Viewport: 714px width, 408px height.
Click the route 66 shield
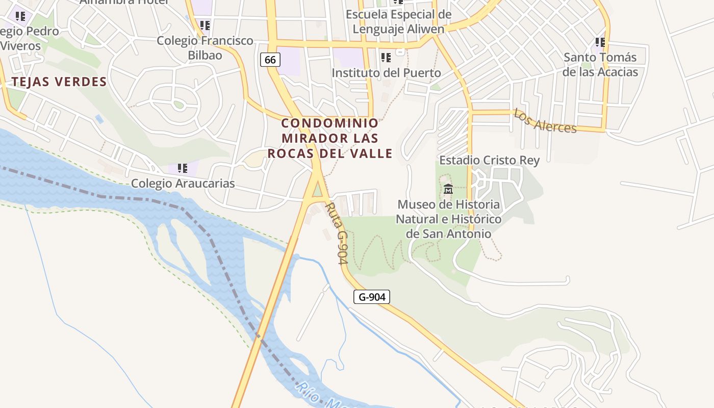click(270, 60)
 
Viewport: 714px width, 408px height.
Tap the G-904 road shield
click(371, 297)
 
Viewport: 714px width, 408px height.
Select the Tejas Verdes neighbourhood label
click(59, 82)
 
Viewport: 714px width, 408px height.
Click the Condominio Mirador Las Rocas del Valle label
click(330, 138)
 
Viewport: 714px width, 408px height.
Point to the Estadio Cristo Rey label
click(489, 160)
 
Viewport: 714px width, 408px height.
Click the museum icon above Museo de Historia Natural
click(448, 189)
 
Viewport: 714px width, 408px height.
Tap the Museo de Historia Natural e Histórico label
click(449, 219)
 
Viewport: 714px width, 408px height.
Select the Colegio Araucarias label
click(183, 183)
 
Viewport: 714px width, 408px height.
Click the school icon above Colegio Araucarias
click(182, 168)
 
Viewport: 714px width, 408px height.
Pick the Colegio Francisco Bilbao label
click(205, 47)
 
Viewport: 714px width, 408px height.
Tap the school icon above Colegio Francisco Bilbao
click(205, 25)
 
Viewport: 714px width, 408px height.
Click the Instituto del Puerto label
click(386, 73)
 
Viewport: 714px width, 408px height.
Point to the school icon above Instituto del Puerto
click(386, 57)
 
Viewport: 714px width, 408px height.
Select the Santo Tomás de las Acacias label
click(600, 65)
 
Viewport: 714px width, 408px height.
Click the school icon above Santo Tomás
click(600, 42)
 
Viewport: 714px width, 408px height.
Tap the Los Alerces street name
click(545, 121)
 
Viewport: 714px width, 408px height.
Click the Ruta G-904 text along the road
click(336, 233)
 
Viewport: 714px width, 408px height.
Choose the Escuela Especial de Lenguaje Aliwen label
click(398, 21)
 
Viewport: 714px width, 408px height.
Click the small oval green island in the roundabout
click(178, 105)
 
